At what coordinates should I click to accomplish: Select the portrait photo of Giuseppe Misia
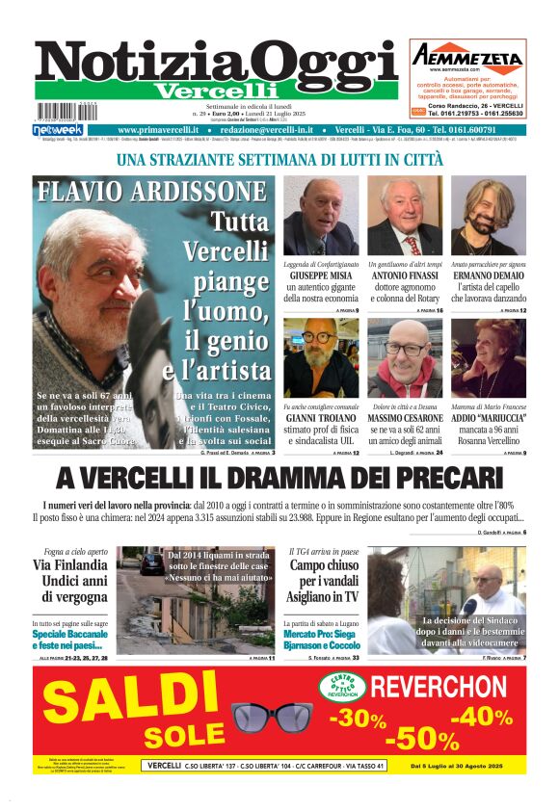tap(321, 216)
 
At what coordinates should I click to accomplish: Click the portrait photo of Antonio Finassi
tap(405, 216)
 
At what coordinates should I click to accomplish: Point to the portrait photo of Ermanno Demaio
tap(488, 216)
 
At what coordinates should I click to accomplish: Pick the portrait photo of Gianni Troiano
tap(321, 358)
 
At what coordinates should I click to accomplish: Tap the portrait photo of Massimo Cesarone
tap(405, 358)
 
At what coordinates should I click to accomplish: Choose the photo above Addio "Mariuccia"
tap(488, 358)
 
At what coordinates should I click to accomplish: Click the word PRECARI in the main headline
tap(438, 479)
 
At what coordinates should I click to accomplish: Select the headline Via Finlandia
tap(70, 564)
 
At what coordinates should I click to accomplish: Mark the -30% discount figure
tap(358, 718)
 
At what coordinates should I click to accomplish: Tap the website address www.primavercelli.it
tap(158, 130)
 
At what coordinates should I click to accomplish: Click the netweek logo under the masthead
tap(58, 130)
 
